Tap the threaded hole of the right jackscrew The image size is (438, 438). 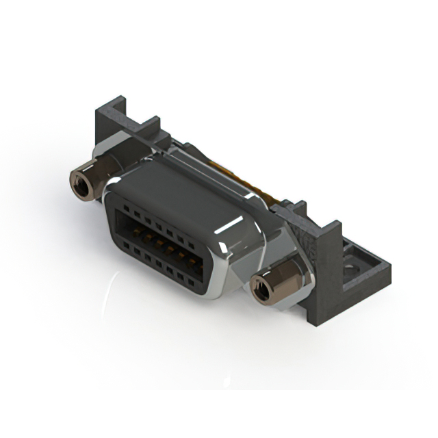click(x=261, y=288)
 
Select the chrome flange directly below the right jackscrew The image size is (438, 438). click(x=274, y=305)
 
